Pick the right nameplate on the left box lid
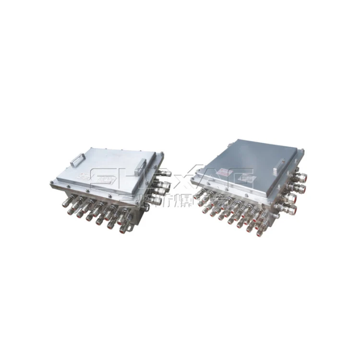[107, 180]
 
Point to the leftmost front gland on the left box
[66, 203]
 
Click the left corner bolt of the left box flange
[51, 184]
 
